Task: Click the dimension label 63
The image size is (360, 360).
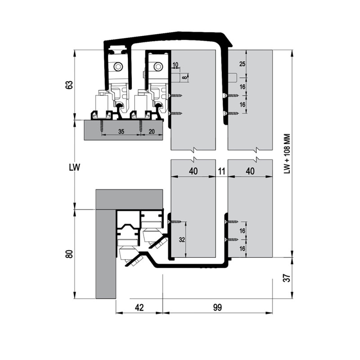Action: [x=70, y=85]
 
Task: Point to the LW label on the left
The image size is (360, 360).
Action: [x=75, y=167]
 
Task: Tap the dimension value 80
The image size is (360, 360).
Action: [x=70, y=254]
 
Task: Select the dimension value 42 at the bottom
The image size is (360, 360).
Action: [x=139, y=307]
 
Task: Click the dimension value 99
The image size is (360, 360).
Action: [x=217, y=307]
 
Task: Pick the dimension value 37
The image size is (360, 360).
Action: [x=288, y=278]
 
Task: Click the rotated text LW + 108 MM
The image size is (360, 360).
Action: [x=287, y=154]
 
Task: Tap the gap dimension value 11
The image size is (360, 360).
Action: [x=221, y=171]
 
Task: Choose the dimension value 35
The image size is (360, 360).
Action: [x=121, y=131]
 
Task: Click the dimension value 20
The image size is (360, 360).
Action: [x=152, y=131]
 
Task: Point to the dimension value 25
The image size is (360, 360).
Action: [x=242, y=64]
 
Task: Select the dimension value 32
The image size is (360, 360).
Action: [x=182, y=240]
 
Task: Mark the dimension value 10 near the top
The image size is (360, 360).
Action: [x=175, y=65]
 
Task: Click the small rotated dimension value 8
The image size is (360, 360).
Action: [x=184, y=77]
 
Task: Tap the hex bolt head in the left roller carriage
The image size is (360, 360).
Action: [x=118, y=67]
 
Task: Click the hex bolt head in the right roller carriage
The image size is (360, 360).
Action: [x=158, y=67]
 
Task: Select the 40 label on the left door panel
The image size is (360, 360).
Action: [x=193, y=171]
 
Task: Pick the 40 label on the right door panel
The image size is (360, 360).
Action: [x=250, y=171]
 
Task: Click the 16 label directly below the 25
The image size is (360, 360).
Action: [x=243, y=87]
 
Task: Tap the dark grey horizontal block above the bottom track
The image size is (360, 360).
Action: [x=129, y=199]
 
